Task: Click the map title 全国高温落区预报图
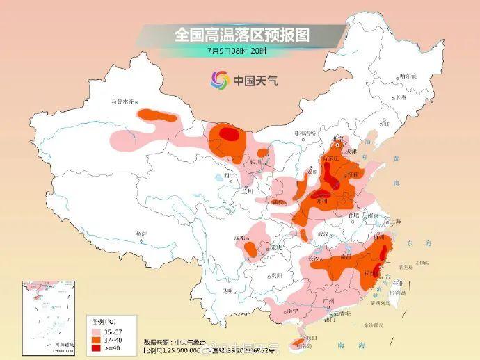coord(241,33)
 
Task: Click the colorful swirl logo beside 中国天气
coord(219,81)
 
